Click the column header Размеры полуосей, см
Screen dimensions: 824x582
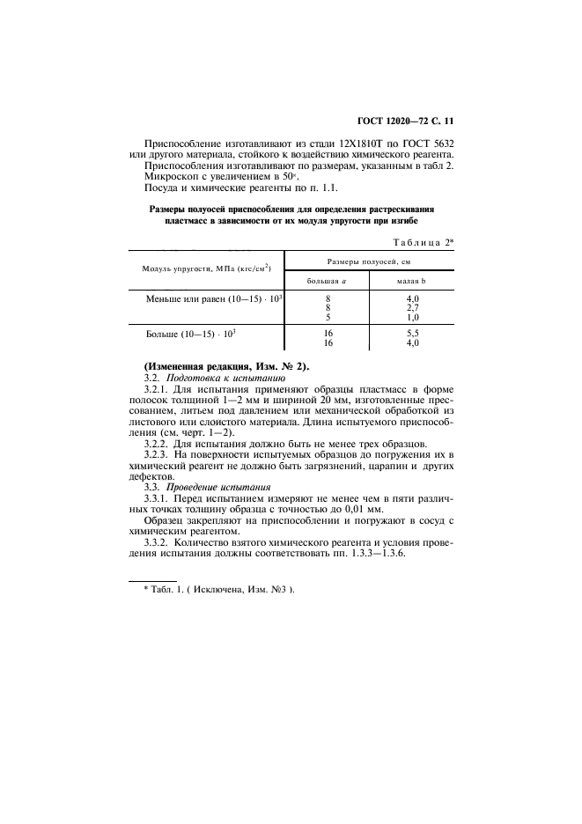click(x=369, y=262)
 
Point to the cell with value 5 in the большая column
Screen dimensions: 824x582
click(x=328, y=317)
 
